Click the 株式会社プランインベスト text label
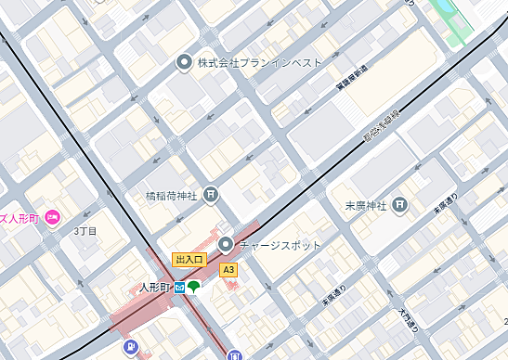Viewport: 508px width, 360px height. (x=260, y=62)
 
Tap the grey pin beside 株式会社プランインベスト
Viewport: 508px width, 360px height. (x=184, y=62)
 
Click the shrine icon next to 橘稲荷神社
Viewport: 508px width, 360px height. (x=213, y=195)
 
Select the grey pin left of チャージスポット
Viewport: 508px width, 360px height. (x=227, y=245)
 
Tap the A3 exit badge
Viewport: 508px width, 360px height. (x=228, y=270)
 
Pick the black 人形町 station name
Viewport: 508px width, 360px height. (x=155, y=288)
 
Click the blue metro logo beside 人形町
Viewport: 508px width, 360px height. (x=180, y=288)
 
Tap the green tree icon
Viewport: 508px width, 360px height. (x=194, y=288)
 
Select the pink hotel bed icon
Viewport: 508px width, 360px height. (x=52, y=218)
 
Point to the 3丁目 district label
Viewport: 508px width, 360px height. (x=85, y=230)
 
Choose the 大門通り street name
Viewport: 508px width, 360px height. (x=409, y=320)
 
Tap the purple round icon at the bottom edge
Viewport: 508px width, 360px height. (x=131, y=349)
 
